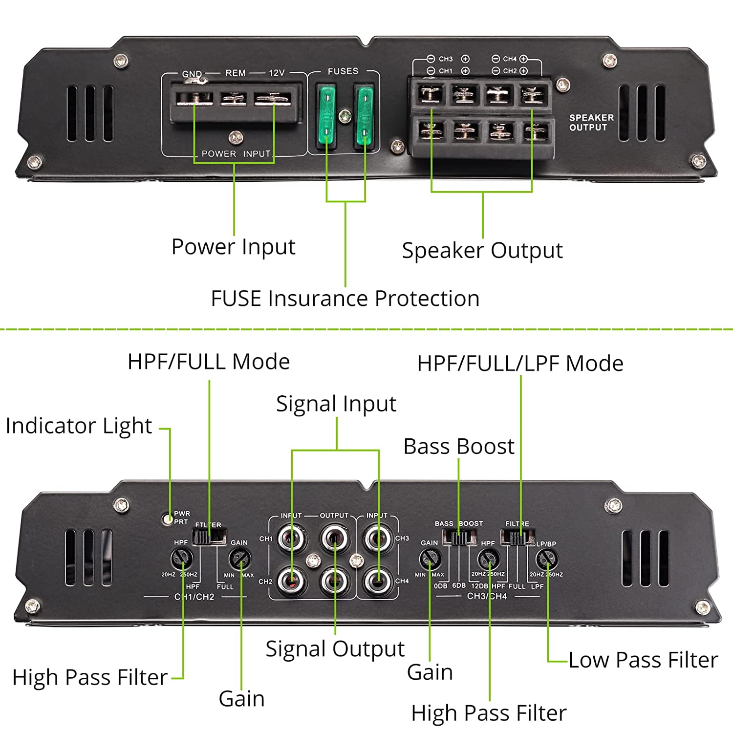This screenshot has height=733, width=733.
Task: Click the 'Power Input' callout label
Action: [x=233, y=247]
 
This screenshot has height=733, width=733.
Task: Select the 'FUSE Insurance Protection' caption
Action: [x=345, y=299]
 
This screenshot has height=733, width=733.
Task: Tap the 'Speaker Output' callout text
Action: [x=482, y=251]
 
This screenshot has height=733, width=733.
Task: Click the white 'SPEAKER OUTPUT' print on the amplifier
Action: [x=591, y=123]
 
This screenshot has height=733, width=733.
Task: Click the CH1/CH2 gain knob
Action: [x=240, y=559]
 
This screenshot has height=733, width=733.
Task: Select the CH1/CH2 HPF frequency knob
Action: [x=181, y=559]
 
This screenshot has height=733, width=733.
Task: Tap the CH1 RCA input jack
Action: [x=292, y=539]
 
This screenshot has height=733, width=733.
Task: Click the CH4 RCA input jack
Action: [x=378, y=581]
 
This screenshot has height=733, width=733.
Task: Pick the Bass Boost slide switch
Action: [x=459, y=538]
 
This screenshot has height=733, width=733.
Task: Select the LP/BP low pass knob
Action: [x=547, y=559]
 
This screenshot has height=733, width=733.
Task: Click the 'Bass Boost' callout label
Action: [x=459, y=447]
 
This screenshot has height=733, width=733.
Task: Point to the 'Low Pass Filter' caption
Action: [x=643, y=660]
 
